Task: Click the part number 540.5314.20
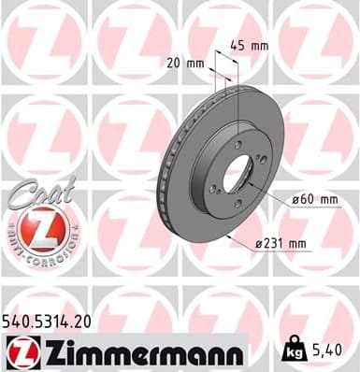[x=54, y=320]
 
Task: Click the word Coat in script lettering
[x=30, y=192]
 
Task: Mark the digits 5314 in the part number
[x=58, y=320]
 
